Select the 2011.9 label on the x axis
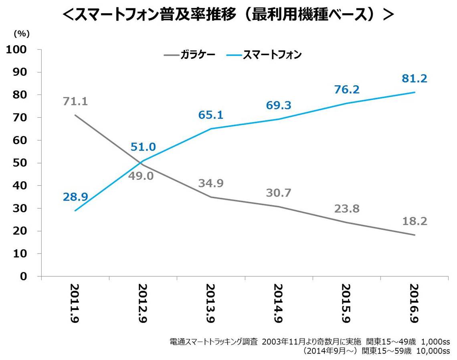point(75,305)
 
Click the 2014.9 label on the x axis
point(278,305)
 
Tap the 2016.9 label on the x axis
point(414,305)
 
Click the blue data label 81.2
point(414,78)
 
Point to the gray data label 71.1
point(75,101)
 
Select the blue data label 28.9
point(75,197)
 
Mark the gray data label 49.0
point(143,176)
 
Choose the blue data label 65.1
point(210,115)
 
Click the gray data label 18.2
point(414,221)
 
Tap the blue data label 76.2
point(346,90)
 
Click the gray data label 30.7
point(278,193)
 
